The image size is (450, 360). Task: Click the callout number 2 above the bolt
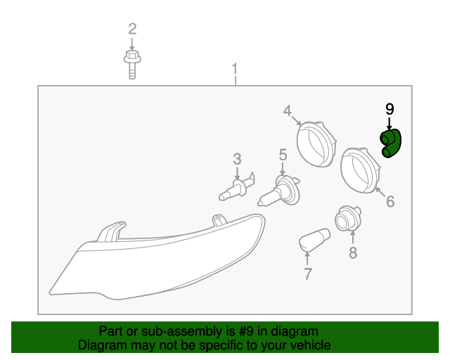[132, 29]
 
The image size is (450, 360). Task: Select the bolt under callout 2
[132, 65]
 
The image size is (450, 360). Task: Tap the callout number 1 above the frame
[235, 69]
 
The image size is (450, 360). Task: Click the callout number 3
[237, 160]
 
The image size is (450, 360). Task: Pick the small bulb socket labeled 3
[237, 186]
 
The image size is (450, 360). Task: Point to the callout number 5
[283, 155]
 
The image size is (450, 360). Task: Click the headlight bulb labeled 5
[279, 191]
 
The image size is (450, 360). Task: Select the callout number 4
[288, 111]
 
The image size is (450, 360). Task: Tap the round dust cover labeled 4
[316, 144]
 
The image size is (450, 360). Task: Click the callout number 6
[390, 201]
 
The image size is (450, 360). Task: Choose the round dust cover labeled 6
[361, 171]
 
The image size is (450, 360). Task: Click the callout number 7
[308, 274]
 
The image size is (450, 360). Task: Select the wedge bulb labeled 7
[314, 240]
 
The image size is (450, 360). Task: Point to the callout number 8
[353, 252]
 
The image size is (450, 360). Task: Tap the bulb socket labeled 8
[348, 219]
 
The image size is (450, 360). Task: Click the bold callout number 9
[390, 109]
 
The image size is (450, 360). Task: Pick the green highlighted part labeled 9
[391, 143]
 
